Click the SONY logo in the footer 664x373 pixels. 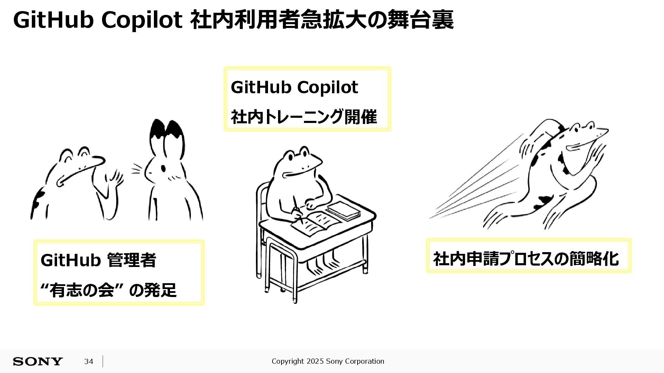click(x=38, y=361)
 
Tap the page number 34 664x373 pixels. click(x=89, y=361)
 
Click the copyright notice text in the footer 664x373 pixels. click(x=328, y=361)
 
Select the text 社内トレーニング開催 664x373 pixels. click(x=304, y=117)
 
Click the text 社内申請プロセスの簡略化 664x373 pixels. click(x=526, y=258)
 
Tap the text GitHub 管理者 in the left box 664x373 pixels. click(x=98, y=260)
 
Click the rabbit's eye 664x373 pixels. click(x=163, y=168)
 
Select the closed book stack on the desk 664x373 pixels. click(x=343, y=211)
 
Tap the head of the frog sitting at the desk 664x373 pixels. click(x=297, y=162)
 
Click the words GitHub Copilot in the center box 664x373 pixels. click(x=294, y=87)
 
